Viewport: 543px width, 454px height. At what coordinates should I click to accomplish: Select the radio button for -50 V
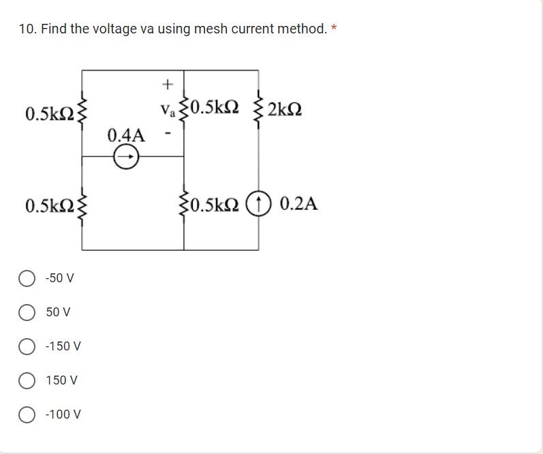(27, 278)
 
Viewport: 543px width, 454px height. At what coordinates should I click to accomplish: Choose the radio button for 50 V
(27, 312)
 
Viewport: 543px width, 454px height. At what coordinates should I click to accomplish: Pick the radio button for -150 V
(27, 346)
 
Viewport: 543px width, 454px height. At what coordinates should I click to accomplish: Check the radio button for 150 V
(27, 380)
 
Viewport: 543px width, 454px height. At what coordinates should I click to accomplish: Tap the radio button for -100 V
(27, 414)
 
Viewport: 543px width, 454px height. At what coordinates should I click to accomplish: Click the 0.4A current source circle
(125, 157)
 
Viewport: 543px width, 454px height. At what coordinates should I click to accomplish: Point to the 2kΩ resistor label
(285, 109)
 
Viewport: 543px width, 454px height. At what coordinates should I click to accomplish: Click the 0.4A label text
(126, 135)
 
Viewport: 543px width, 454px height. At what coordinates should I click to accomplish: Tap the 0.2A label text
(298, 204)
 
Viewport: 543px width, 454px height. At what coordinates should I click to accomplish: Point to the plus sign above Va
(168, 85)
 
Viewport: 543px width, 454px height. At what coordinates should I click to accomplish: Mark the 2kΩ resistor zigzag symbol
(258, 109)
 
